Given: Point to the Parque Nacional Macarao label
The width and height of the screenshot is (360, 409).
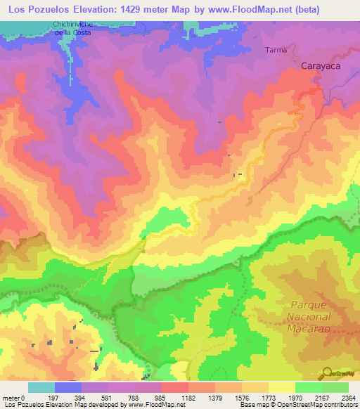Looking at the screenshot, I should (315, 318).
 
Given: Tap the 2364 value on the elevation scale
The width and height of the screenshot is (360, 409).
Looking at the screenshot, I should (348, 397).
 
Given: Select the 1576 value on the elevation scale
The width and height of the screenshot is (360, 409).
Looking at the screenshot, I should (242, 397).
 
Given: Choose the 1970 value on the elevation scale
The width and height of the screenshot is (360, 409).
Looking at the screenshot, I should (295, 397).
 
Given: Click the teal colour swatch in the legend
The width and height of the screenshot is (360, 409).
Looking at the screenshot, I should (41, 387).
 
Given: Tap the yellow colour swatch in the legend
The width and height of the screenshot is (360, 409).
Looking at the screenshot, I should (282, 387).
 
